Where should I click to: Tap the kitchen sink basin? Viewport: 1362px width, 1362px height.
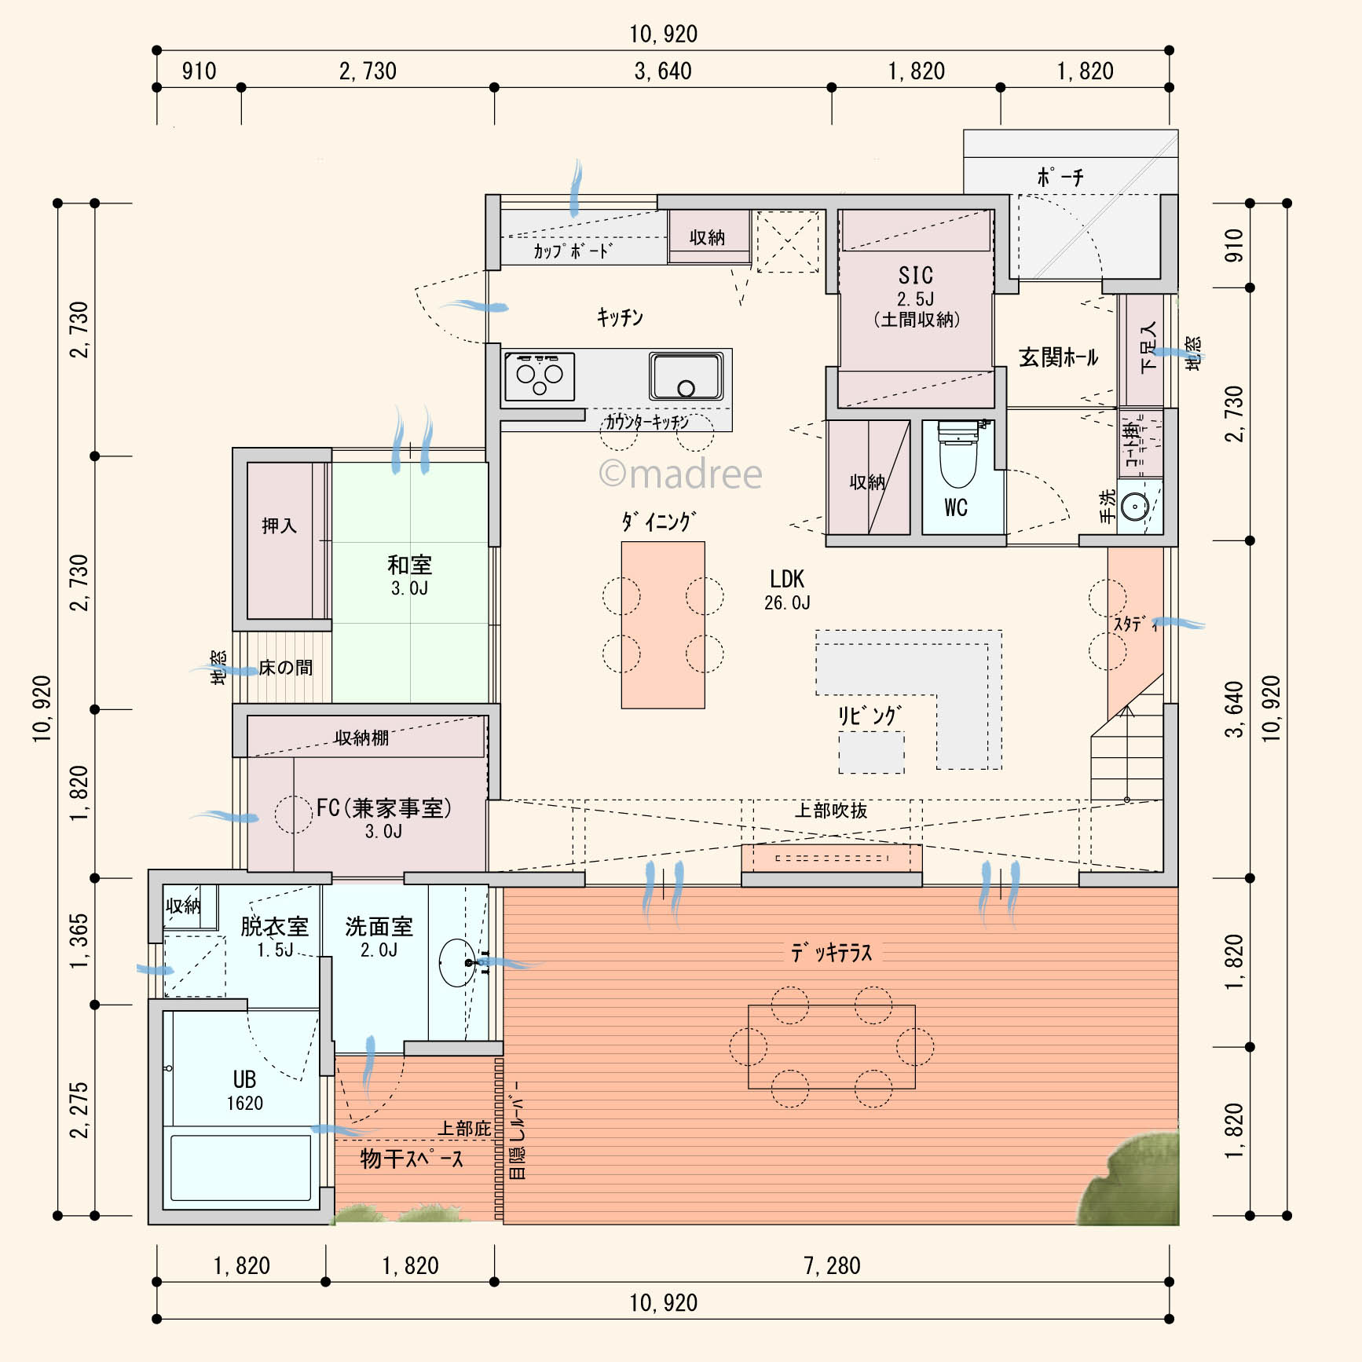[686, 376]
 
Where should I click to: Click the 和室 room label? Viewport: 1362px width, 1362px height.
[409, 565]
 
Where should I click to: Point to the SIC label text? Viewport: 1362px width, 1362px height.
[916, 276]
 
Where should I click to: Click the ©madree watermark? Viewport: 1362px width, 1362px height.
[680, 474]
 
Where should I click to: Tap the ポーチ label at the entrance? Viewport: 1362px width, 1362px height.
[1060, 177]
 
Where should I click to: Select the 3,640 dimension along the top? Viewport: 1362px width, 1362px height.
[663, 71]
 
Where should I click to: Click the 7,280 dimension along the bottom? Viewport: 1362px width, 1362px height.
[832, 1265]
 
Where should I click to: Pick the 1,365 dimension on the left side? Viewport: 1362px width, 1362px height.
[80, 940]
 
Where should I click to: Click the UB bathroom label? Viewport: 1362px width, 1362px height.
[244, 1080]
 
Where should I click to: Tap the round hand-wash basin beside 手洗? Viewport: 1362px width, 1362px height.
[1135, 507]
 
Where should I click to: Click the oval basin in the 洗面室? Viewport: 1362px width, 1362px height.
[457, 962]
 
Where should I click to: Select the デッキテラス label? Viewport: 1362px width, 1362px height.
[832, 953]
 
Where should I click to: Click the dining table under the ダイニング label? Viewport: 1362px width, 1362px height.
[663, 624]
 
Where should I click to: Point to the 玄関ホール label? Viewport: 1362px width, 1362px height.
[1058, 357]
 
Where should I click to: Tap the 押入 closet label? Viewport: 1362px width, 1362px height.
[280, 525]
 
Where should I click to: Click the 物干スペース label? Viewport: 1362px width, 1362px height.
[412, 1159]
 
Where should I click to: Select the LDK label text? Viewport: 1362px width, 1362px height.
[787, 580]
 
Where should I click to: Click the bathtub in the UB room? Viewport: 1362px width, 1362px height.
[240, 1167]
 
